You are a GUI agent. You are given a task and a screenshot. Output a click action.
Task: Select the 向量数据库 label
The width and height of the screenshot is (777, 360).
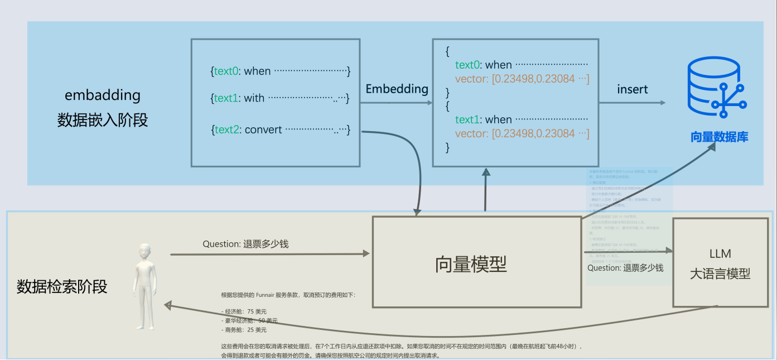[719, 137]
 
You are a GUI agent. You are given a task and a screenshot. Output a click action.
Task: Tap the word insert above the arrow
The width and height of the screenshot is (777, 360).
[632, 89]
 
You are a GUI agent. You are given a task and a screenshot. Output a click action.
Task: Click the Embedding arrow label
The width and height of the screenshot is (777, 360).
[397, 89]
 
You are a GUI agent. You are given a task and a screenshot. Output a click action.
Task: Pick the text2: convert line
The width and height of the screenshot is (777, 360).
[280, 129]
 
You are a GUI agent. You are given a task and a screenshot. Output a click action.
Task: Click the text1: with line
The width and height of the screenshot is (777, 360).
[280, 98]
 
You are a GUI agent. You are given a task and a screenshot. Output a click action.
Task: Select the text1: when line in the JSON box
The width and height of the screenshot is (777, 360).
[521, 119]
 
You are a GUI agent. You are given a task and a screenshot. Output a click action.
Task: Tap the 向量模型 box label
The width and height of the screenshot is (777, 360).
[471, 264]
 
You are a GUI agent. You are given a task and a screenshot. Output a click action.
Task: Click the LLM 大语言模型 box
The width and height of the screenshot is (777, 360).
[720, 263]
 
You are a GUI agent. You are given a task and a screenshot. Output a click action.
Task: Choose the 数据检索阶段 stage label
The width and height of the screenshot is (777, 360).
[62, 287]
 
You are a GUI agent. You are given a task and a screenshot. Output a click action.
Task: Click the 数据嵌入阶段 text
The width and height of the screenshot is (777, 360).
[103, 120]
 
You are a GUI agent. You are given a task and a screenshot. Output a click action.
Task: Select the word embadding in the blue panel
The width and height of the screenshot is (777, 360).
[103, 95]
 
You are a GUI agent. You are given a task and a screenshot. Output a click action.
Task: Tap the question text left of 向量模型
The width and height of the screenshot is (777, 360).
[245, 244]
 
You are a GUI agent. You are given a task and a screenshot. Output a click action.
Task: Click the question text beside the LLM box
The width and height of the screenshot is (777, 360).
[625, 268]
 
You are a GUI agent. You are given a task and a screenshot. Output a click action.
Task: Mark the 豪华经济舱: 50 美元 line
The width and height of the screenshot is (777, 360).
[249, 320]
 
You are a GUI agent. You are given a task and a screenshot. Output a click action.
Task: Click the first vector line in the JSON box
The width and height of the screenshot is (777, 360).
[522, 79]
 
